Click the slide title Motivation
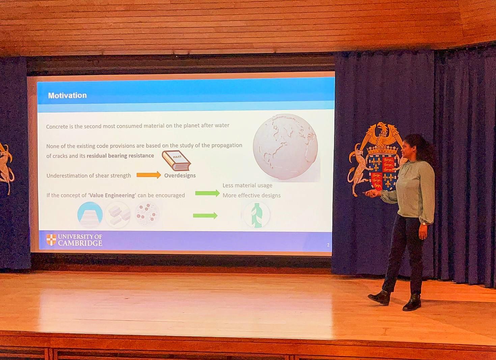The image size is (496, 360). tap(67, 95)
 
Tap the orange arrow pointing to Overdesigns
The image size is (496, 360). tap(148, 175)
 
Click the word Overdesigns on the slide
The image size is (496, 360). tap(180, 176)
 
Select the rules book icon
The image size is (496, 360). tap(176, 160)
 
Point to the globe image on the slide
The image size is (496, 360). tap(286, 147)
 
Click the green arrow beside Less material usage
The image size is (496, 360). tap(207, 193)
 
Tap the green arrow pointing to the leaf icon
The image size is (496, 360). tap(205, 215)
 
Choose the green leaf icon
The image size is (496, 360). tap(256, 215)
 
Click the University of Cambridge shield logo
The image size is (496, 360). tap(51, 240)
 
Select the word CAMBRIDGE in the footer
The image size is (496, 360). tap(80, 243)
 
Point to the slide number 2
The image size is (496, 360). tap(328, 245)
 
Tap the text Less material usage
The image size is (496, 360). tap(247, 185)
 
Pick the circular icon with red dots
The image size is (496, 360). tap(147, 214)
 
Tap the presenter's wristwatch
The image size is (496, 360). tap(424, 224)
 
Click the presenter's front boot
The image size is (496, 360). tap(379, 297)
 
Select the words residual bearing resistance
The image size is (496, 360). tap(120, 156)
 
